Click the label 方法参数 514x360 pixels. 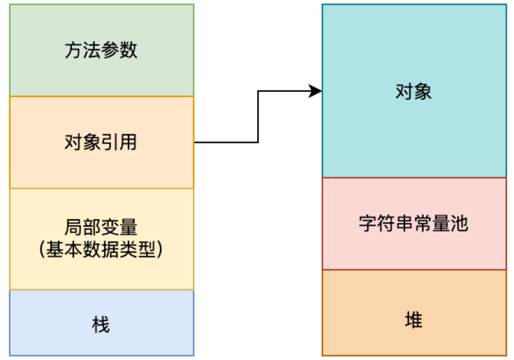(x=101, y=50)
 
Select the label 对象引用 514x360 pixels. (x=101, y=142)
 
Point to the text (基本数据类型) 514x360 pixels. (x=101, y=249)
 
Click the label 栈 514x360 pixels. (x=101, y=324)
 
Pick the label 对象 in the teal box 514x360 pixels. (x=413, y=92)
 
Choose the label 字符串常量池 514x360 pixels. (x=413, y=223)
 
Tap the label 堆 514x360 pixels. (x=413, y=321)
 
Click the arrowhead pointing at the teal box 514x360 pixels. (x=317, y=92)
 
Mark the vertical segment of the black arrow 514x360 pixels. (x=258, y=117)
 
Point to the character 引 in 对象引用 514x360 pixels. (x=110, y=142)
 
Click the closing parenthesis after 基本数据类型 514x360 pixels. (x=160, y=249)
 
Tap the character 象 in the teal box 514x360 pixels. (x=423, y=92)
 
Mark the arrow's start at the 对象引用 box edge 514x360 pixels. (x=196, y=142)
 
